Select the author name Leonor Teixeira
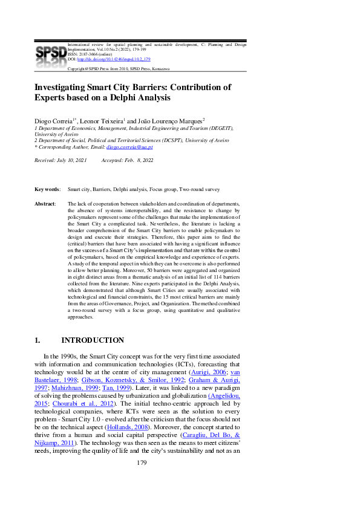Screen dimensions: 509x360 pos(99,122)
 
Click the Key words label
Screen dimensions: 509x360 pos(47,189)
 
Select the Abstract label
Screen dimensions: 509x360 pos(45,204)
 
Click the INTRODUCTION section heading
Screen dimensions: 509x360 pos(93,340)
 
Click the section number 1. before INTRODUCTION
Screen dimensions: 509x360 pos(38,340)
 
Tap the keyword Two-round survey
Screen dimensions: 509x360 pos(199,189)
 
